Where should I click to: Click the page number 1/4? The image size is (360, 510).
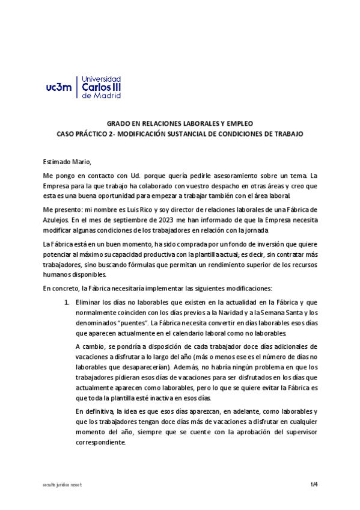314,483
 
